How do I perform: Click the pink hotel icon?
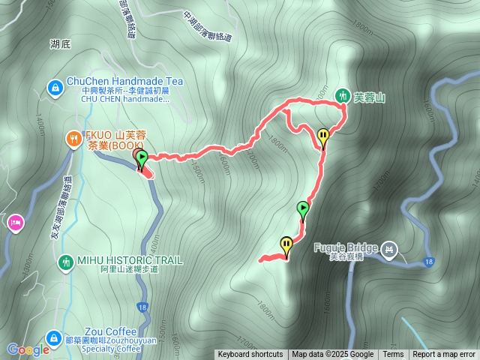pos(14,222)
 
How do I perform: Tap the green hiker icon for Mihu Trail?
pos(65,262)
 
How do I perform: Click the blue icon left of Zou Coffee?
pos(54,338)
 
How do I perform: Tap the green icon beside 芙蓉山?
pos(343,95)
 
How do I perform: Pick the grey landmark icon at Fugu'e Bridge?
pos(388,248)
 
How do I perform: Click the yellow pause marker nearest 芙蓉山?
pos(323,136)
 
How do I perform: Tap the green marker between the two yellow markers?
pos(303,209)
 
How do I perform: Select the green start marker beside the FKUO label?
pos(141,157)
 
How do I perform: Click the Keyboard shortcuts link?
pos(250,355)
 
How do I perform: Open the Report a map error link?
pos(444,355)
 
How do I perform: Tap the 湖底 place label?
pos(60,44)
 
